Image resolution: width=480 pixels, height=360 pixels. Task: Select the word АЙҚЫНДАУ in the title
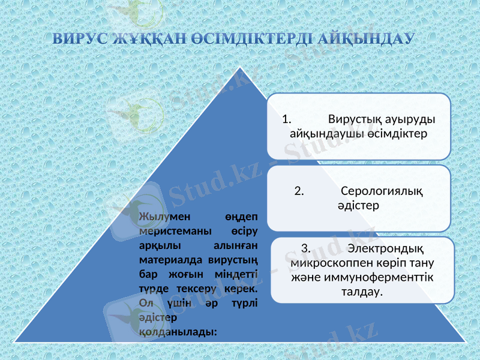tap(367, 40)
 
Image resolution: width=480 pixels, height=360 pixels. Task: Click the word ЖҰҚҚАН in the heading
tap(144, 40)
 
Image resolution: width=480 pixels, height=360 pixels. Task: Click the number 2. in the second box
tap(299, 191)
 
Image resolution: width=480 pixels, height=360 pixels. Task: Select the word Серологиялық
tap(381, 191)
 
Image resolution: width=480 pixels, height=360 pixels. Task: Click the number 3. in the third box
tap(305, 248)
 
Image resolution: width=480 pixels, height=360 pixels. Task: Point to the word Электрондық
tap(386, 248)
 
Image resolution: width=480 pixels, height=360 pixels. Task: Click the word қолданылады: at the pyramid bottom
tap(178, 331)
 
